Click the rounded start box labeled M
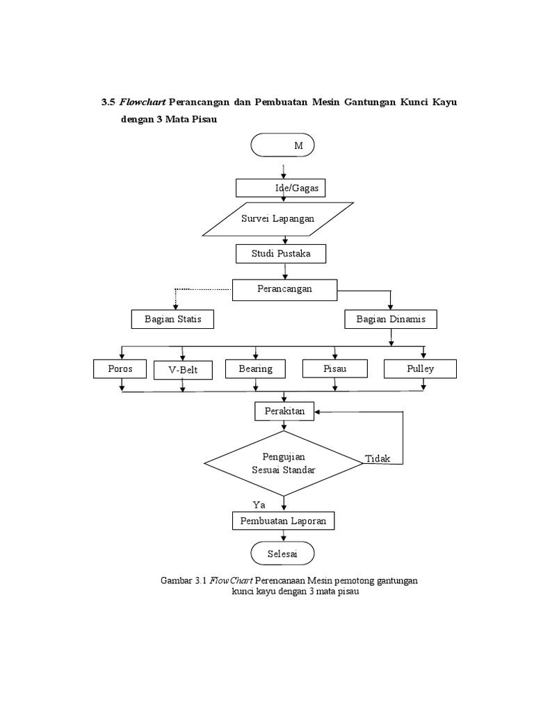(282, 145)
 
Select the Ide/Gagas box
(281, 188)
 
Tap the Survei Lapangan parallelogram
(277, 219)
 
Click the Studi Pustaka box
(281, 254)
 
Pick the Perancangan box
(284, 289)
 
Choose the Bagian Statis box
(172, 319)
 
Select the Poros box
(120, 369)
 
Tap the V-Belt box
(183, 370)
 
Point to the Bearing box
(255, 369)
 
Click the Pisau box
(334, 369)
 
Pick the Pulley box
(420, 369)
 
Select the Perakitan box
(284, 411)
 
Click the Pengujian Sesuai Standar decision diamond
(283, 463)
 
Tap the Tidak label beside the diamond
(378, 459)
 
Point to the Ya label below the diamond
(259, 504)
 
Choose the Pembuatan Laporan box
(284, 521)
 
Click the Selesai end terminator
(282, 553)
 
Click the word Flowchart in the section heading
(142, 102)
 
